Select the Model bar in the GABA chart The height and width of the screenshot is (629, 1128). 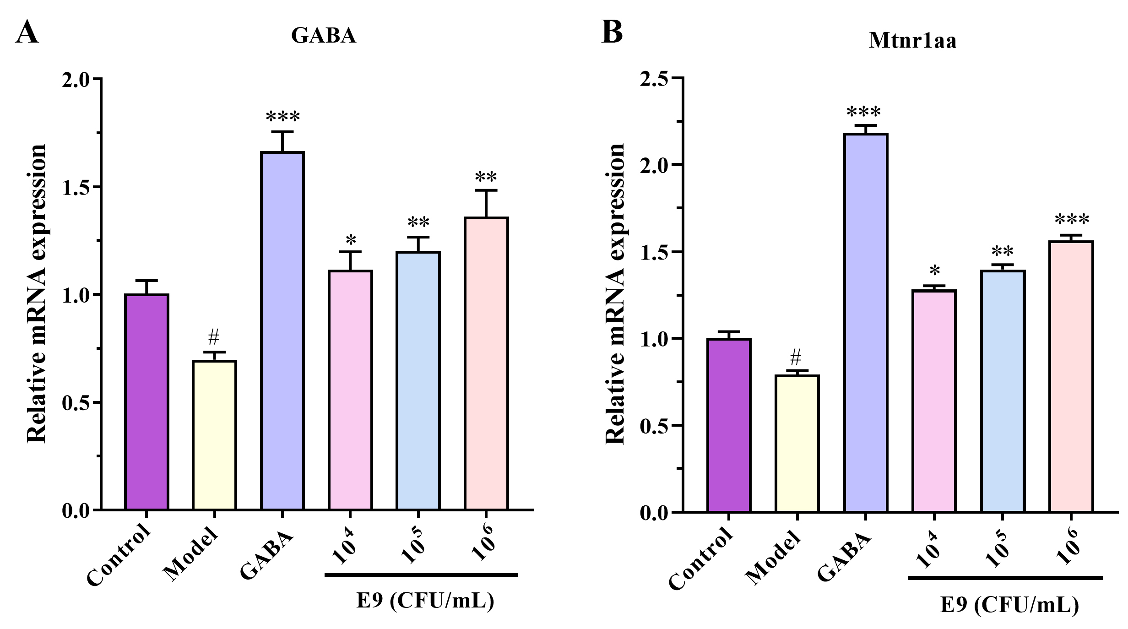[x=214, y=435]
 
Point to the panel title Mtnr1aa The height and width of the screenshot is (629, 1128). [x=912, y=41]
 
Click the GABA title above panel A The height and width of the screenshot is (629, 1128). [x=324, y=35]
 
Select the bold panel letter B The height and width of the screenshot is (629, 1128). [x=612, y=32]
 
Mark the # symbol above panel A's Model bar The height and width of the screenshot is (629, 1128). [x=214, y=338]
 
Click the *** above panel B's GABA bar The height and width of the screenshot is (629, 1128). [x=864, y=112]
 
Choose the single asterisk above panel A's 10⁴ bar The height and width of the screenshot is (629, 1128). [x=351, y=240]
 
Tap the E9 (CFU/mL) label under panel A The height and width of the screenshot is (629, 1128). [x=425, y=601]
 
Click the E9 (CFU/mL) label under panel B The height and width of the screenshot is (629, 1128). [x=1009, y=604]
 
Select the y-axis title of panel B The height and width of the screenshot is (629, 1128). [x=615, y=294]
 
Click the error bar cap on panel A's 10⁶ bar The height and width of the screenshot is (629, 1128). [x=486, y=190]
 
